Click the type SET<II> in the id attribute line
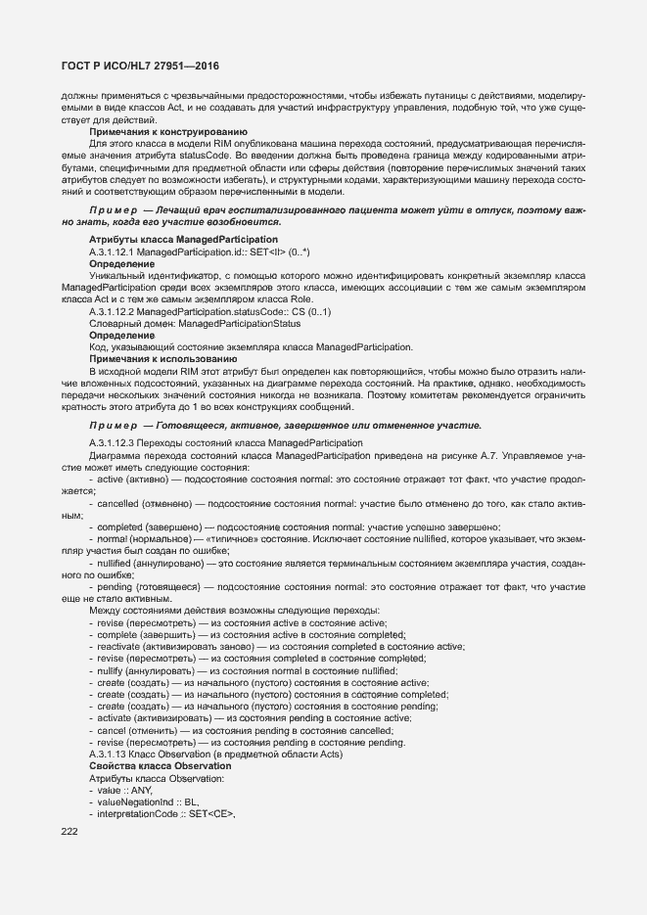click(267, 252)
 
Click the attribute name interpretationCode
click(141, 813)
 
